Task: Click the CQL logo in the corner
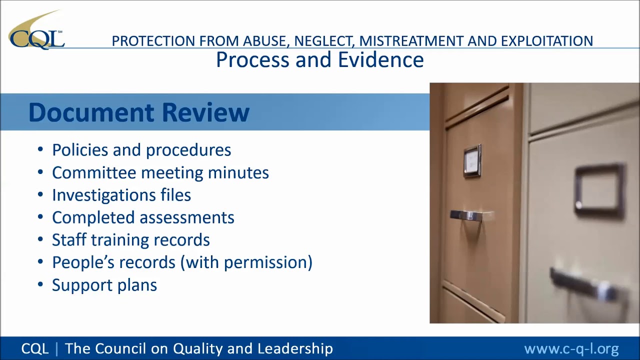[36, 31]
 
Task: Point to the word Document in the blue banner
[92, 112]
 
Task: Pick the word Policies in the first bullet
[80, 150]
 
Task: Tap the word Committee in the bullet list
[94, 172]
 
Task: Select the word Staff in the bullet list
[69, 240]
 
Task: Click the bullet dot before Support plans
[40, 284]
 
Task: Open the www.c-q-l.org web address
[571, 348]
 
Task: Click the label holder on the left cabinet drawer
[472, 161]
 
